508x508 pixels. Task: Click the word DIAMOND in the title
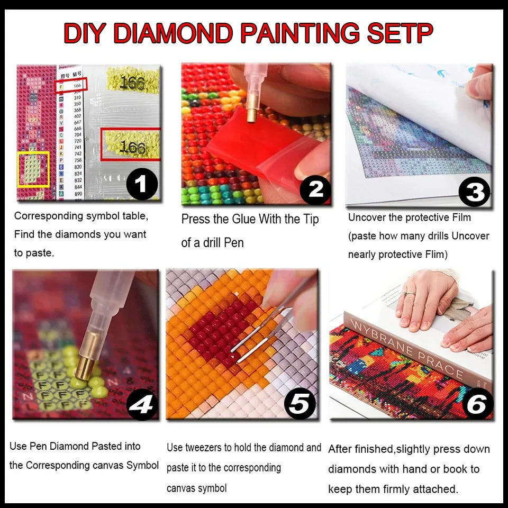(x=174, y=33)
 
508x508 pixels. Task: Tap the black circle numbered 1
(x=142, y=184)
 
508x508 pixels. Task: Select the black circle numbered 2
(x=315, y=188)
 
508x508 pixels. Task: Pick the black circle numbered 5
(x=300, y=405)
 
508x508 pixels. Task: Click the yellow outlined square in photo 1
(x=34, y=169)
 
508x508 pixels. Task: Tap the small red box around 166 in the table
(x=71, y=84)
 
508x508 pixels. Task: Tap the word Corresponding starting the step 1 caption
(x=49, y=216)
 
